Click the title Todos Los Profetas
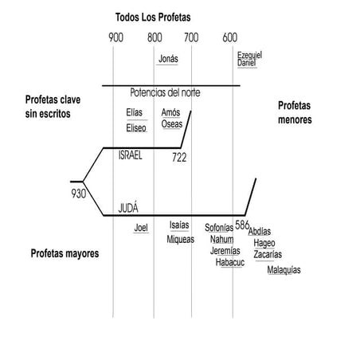153,18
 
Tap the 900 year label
115,37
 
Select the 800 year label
155,37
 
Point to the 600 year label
230,37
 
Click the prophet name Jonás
168,59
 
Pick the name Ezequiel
249,55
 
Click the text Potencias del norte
165,92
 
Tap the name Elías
134,112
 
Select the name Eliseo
136,128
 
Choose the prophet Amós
170,112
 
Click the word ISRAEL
130,155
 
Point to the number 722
179,158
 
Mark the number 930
79,194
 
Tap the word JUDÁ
128,207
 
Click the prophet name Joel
141,228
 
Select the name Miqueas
181,240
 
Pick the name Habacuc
230,262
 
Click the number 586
242,225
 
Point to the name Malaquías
284,270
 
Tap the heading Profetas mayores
65,253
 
